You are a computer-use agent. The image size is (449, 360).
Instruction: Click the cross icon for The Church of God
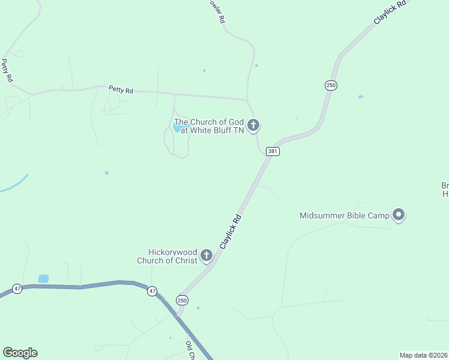[x=253, y=125]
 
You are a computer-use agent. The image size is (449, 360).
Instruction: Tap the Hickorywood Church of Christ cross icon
[x=206, y=256]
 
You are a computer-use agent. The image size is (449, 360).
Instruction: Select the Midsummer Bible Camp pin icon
[x=399, y=214]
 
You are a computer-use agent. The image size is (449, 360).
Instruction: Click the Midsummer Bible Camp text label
[x=344, y=215]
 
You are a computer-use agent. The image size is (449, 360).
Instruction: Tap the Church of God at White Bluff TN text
[x=208, y=126]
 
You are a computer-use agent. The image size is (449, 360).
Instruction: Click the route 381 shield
[x=273, y=152]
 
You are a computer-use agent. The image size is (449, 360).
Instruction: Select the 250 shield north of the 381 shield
[x=331, y=85]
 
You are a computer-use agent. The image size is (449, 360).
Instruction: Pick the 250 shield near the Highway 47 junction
[x=182, y=299]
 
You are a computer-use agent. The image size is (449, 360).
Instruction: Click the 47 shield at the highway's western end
[x=17, y=289]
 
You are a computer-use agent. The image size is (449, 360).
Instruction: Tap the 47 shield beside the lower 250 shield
[x=152, y=291]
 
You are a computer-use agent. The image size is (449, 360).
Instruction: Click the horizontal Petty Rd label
[x=121, y=89]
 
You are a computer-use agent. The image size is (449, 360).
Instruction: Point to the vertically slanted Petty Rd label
[x=7, y=70]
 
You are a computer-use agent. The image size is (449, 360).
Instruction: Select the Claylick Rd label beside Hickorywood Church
[x=231, y=232]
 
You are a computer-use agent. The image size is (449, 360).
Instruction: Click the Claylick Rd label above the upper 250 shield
[x=390, y=12]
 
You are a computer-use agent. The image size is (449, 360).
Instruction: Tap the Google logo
[x=20, y=353]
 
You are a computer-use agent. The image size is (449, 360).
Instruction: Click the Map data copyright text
[x=424, y=355]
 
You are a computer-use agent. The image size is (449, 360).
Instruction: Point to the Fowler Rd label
[x=217, y=11]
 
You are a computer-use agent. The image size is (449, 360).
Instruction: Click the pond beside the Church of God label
[x=179, y=128]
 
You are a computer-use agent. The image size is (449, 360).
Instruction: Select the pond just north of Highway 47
[x=43, y=278]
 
